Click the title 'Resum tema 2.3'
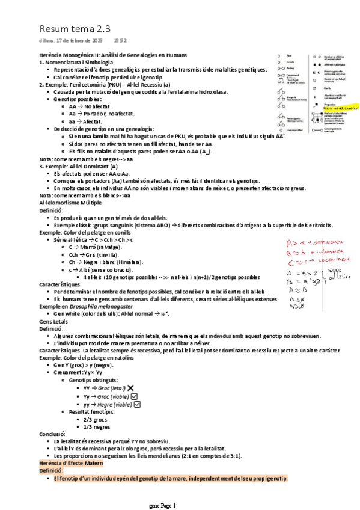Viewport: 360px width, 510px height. tap(75, 29)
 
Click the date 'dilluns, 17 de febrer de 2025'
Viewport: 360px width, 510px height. tap(71, 40)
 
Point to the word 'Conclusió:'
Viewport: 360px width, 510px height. tap(52, 434)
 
